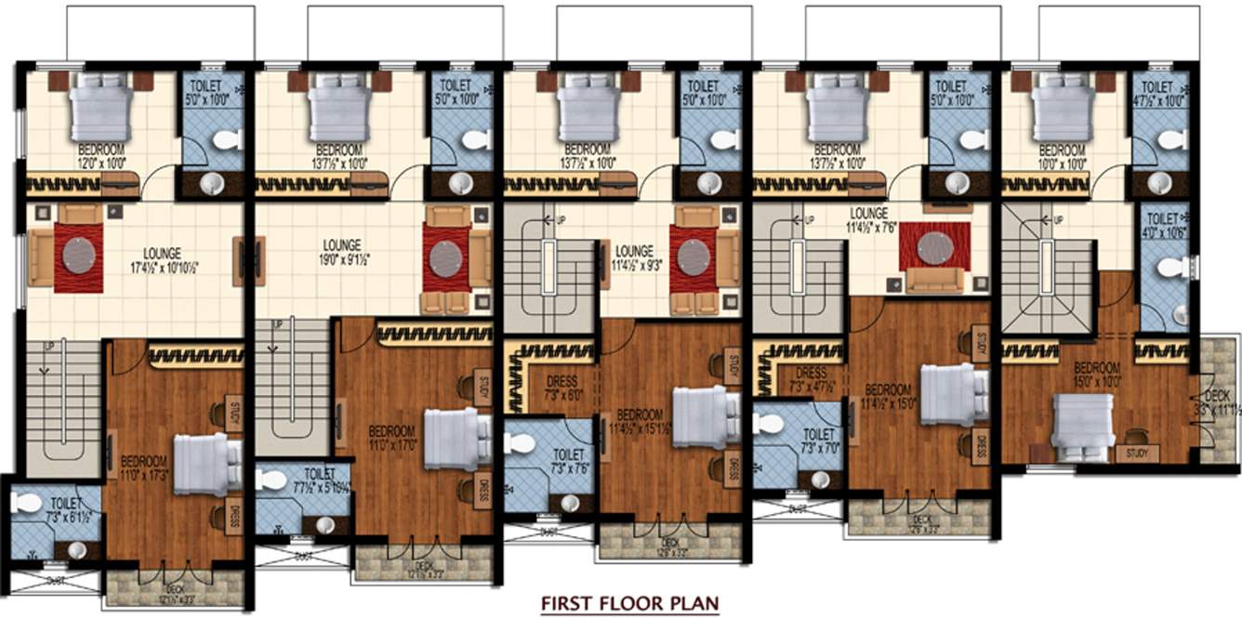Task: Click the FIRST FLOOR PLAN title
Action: click(630, 603)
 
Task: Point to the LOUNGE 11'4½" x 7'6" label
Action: click(867, 218)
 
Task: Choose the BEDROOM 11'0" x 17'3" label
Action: click(143, 467)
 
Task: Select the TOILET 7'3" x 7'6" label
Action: click(567, 460)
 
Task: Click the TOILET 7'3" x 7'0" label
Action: click(818, 440)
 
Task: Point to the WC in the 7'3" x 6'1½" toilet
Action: click(27, 503)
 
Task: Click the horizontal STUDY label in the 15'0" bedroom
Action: click(1135, 454)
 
